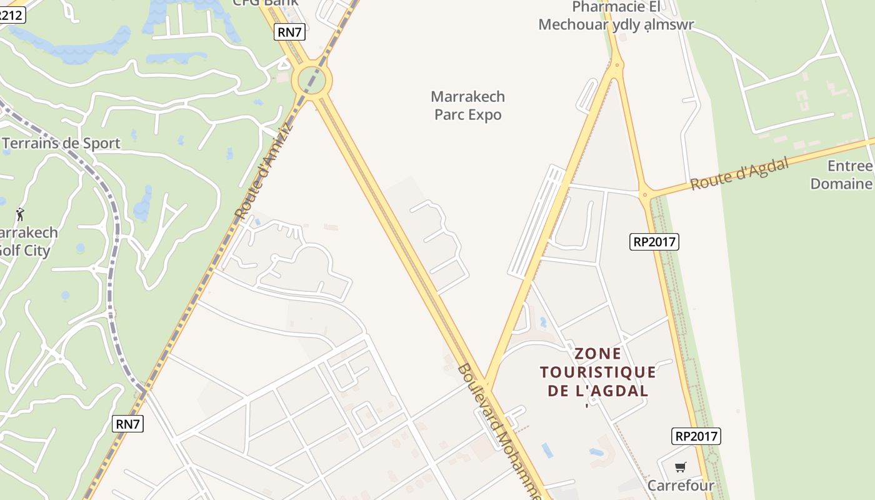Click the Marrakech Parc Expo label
pos(468,106)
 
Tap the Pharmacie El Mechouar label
pos(616,16)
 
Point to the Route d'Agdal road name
pos(739,173)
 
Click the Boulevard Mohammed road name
pos(499,431)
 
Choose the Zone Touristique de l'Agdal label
pos(597,372)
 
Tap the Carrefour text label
pos(681,486)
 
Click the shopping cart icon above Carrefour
pos(681,467)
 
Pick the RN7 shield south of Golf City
pos(128,424)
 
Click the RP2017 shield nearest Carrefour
pos(696,436)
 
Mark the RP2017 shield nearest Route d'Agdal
pos(654,241)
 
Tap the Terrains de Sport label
pos(61,143)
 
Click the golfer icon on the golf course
pos(20,214)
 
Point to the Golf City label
pos(25,242)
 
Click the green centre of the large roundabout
pos(312,80)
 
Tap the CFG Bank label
pos(266,2)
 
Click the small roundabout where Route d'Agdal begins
pos(644,194)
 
